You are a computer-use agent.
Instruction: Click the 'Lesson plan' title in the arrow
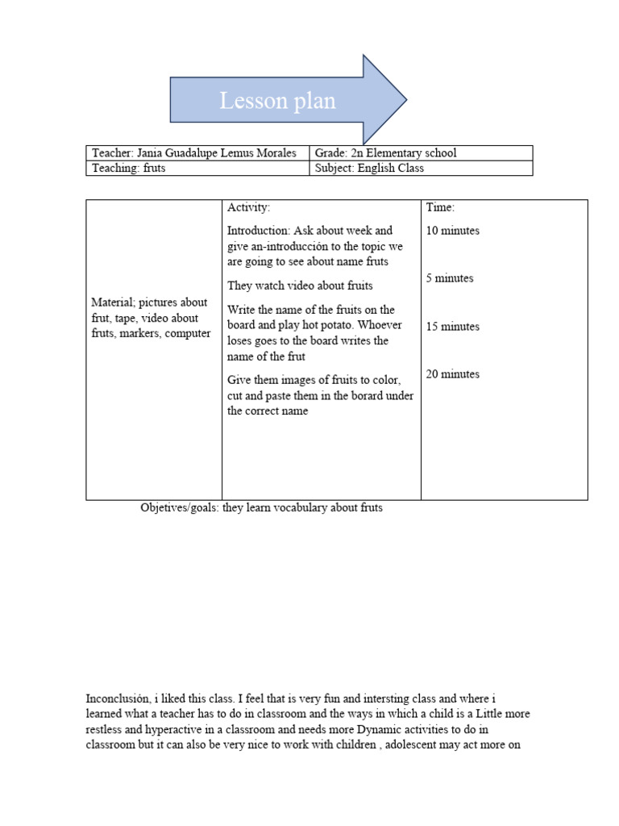[x=277, y=102]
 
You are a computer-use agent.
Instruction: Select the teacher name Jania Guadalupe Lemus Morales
[x=217, y=152]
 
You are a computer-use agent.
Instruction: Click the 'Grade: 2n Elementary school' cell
[x=386, y=152]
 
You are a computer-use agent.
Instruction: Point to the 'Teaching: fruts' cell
[x=129, y=169]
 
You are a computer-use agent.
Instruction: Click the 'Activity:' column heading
[x=248, y=208]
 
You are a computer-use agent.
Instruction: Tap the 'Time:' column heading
[x=440, y=208]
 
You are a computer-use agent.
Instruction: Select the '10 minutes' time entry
[x=452, y=231]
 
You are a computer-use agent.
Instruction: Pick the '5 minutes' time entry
[x=450, y=278]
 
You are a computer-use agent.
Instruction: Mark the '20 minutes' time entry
[x=452, y=374]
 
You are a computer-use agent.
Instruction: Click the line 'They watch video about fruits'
[x=300, y=286]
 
